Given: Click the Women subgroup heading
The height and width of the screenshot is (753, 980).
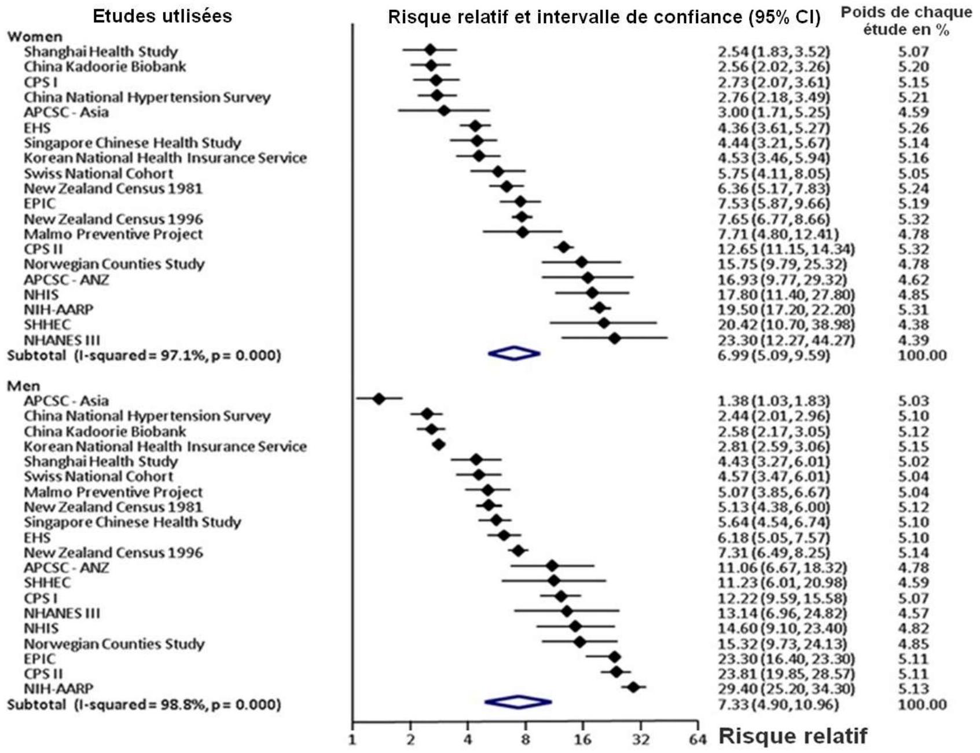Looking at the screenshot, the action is point(34,36).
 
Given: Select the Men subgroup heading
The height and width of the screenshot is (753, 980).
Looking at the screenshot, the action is point(23,386).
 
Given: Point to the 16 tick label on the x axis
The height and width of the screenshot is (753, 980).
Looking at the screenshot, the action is point(582,740).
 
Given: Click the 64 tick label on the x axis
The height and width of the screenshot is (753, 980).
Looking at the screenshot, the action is point(698,740).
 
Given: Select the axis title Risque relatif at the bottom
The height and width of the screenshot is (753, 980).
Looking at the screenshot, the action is point(793,736).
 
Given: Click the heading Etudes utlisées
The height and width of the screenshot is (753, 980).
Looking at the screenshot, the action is point(163,16).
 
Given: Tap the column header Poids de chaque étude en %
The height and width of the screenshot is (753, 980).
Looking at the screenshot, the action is point(906,21).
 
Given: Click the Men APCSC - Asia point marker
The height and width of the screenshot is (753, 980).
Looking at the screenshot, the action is point(379,399).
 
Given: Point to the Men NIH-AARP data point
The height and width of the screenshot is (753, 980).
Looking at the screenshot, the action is point(633,687).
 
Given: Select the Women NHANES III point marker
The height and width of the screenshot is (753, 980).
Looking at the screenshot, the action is point(615,338).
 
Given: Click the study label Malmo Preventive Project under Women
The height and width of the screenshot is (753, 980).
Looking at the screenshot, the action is point(113,235).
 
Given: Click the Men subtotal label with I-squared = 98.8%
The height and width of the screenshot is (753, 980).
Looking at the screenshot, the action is point(144,705).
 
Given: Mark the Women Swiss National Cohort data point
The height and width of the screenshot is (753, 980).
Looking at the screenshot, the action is point(498,171).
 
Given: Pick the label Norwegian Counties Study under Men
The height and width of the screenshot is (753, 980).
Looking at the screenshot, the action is point(114,644).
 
